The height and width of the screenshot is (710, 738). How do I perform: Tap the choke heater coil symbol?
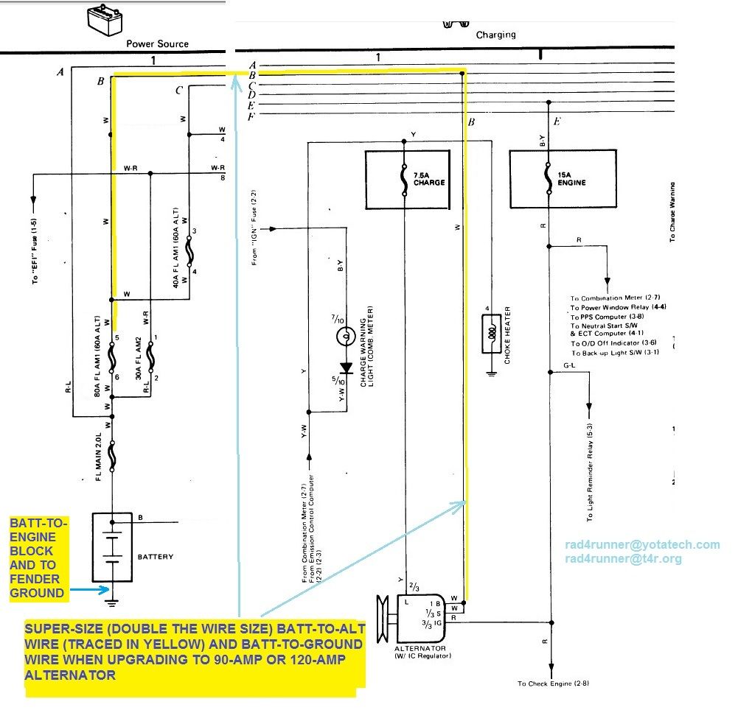click(x=492, y=333)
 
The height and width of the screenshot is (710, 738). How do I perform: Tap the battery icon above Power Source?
click(x=103, y=20)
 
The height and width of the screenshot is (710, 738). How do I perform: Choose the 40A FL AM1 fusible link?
click(x=189, y=252)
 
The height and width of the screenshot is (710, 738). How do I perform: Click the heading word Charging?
click(x=495, y=35)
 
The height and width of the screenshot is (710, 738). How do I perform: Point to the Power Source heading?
click(x=157, y=43)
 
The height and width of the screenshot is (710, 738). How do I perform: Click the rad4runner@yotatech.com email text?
click(x=641, y=544)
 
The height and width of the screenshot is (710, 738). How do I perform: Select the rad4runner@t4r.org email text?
click(x=623, y=558)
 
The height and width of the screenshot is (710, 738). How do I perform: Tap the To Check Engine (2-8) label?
click(x=553, y=683)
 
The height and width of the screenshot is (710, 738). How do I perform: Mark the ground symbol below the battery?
click(x=112, y=603)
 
